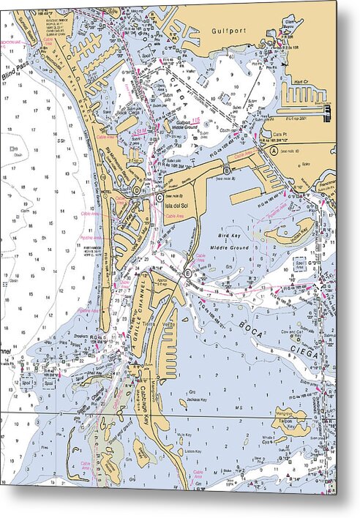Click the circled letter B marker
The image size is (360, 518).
point(226,171)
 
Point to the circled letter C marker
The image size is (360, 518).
point(159,197)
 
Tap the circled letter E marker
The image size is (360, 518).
point(188,274)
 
